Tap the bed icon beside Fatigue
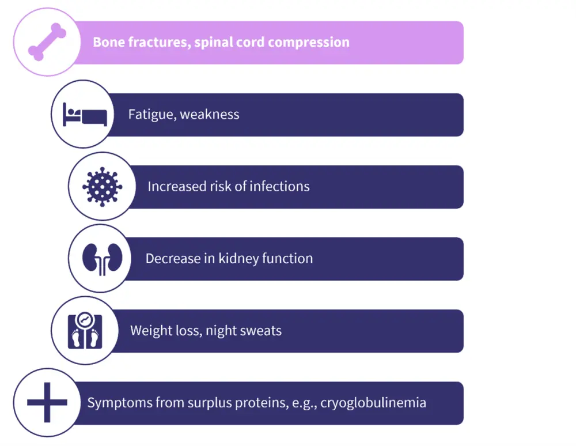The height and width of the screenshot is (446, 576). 85,114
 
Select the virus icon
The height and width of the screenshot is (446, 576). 103,186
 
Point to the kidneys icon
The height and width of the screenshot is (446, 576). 103,258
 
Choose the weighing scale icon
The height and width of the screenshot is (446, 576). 85,330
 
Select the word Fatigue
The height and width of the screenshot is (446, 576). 151,114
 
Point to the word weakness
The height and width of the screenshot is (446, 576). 210,114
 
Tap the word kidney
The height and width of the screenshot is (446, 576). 238,259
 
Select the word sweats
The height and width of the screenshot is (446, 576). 262,331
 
